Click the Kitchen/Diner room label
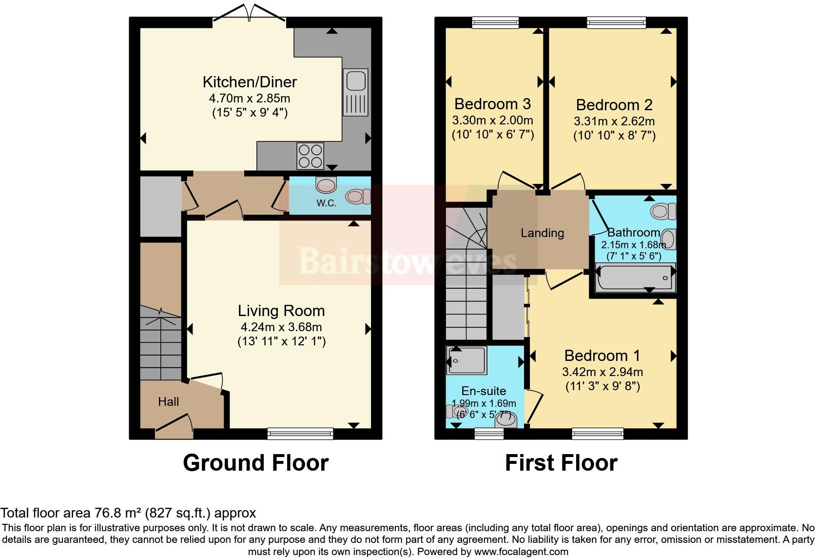pyautogui.click(x=250, y=82)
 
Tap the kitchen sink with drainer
pyautogui.click(x=355, y=92)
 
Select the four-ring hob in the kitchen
pyautogui.click(x=310, y=156)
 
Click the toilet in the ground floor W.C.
pyautogui.click(x=358, y=197)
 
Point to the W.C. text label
pyautogui.click(x=326, y=203)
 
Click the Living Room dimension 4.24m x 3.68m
pyautogui.click(x=281, y=327)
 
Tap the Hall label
pyautogui.click(x=168, y=402)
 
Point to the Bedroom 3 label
pyautogui.click(x=492, y=104)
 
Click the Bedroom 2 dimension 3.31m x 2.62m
pyautogui.click(x=614, y=121)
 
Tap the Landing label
pyautogui.click(x=542, y=233)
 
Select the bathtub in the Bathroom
pyautogui.click(x=634, y=278)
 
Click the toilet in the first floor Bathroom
pyautogui.click(x=663, y=211)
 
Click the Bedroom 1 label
pyautogui.click(x=602, y=356)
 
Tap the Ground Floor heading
pyautogui.click(x=255, y=463)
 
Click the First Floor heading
pyautogui.click(x=561, y=463)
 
